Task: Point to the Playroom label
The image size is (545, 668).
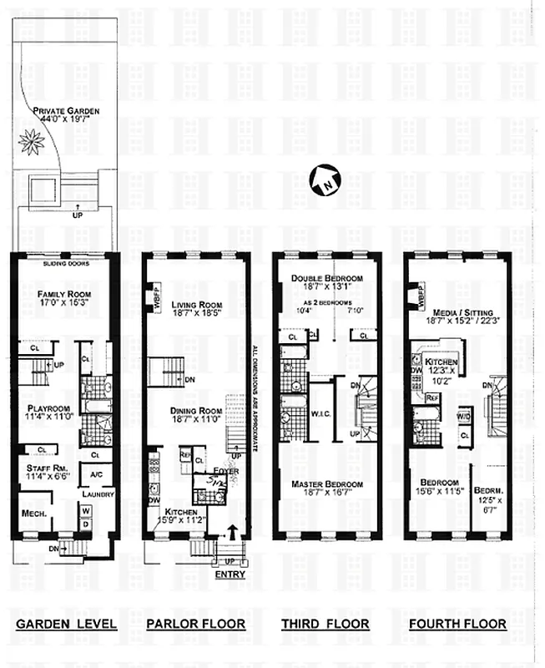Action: pyautogui.click(x=51, y=409)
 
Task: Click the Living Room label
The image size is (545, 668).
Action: pyautogui.click(x=197, y=305)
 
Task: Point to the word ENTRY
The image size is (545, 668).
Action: pyautogui.click(x=230, y=575)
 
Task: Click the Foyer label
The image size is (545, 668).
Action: pyautogui.click(x=224, y=470)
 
